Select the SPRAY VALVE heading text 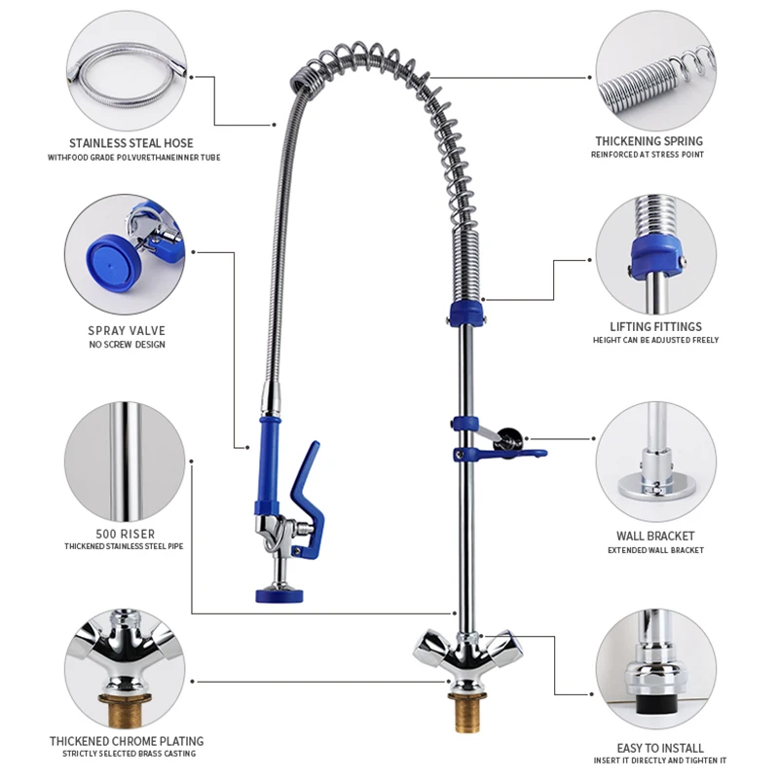coord(127,331)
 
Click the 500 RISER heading coord(127,534)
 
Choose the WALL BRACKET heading coord(655,536)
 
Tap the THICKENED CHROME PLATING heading coord(127,741)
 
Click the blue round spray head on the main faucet coord(278,591)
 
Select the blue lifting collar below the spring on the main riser coord(464,315)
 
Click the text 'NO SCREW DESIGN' coord(127,346)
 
